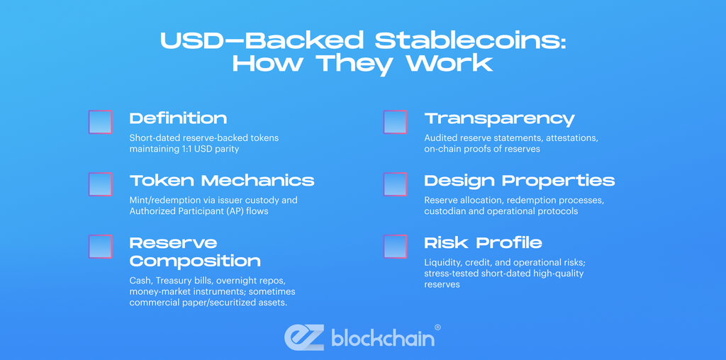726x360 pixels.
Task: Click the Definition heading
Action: coord(178,118)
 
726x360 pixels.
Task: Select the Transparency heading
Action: coord(499,118)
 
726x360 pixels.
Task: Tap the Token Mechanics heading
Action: coord(221,181)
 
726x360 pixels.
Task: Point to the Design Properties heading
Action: coord(519,181)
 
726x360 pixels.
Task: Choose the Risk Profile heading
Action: coord(483,243)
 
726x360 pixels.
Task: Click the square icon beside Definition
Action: coord(101,123)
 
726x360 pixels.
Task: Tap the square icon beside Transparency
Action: coord(395,123)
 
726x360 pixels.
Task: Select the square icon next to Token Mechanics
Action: coord(101,184)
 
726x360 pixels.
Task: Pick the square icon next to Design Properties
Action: coord(395,184)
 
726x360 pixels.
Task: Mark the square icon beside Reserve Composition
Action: coord(101,247)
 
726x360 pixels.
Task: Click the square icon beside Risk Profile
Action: coord(395,247)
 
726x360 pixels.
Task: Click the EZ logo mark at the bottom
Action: coord(304,338)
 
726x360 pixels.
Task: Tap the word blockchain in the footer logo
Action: coord(382,338)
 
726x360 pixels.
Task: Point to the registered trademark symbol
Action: coord(437,327)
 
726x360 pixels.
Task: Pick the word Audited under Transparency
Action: coord(441,137)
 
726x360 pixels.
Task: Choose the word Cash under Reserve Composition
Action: coord(140,280)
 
